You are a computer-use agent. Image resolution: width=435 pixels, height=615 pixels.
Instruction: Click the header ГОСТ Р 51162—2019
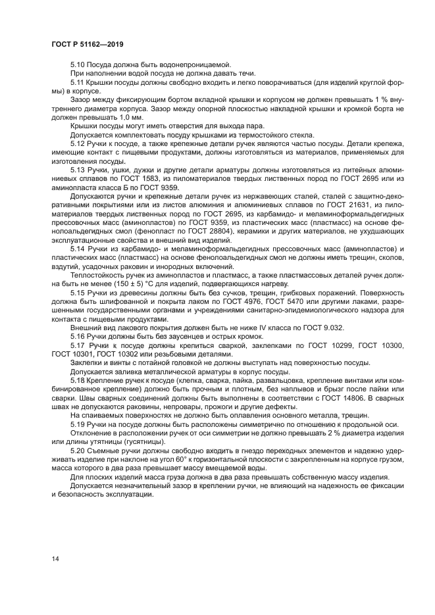[x=88, y=44]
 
